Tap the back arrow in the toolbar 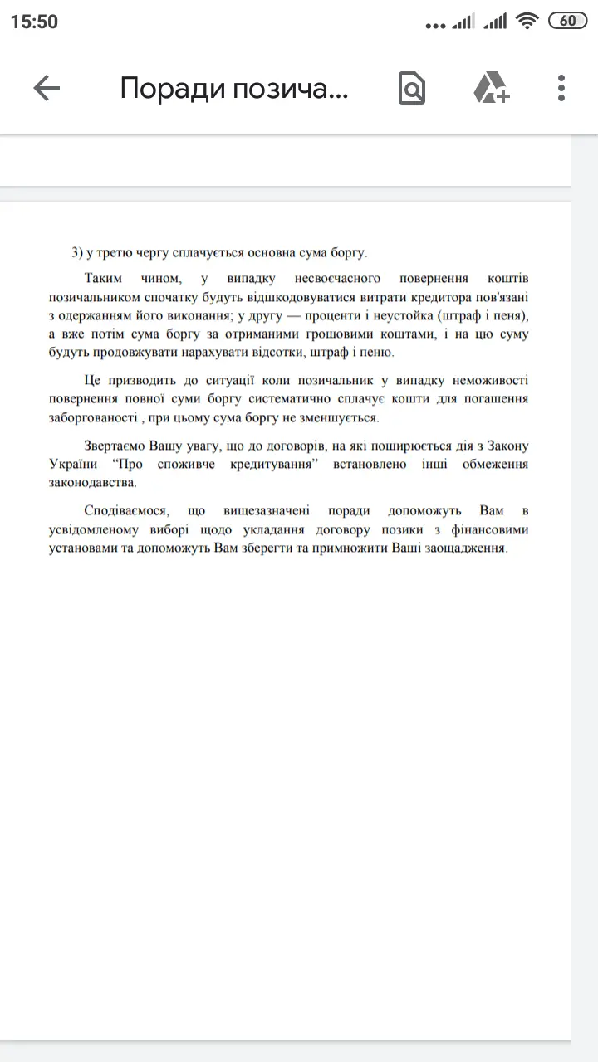click(47, 88)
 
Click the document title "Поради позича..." click(234, 88)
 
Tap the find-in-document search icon click(411, 88)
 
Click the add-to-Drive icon click(491, 88)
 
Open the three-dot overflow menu click(561, 88)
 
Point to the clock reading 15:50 click(34, 22)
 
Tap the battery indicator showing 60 click(568, 22)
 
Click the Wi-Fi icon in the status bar click(527, 22)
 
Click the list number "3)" click(78, 252)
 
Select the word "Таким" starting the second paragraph click(104, 278)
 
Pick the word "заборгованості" click(91, 418)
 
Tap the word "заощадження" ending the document click(464, 548)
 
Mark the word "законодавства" click(93, 483)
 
